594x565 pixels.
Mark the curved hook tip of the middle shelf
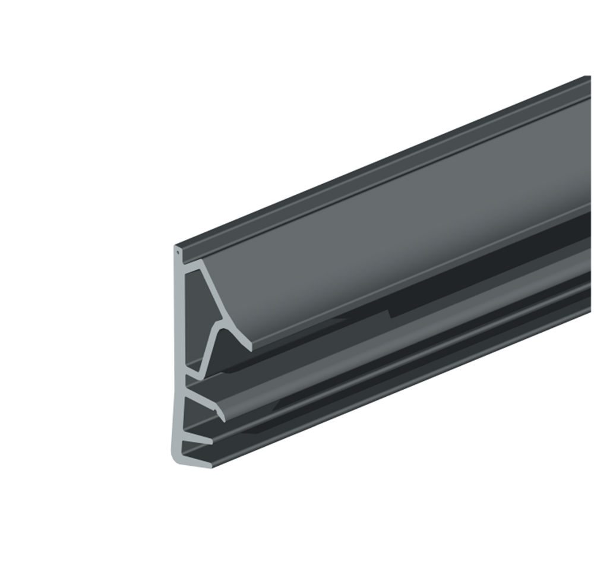coord(222,416)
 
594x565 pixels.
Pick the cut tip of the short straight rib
coord(211,441)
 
